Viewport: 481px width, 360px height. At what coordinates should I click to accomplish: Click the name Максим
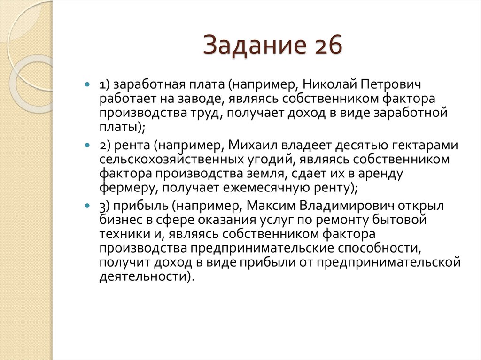point(269,207)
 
